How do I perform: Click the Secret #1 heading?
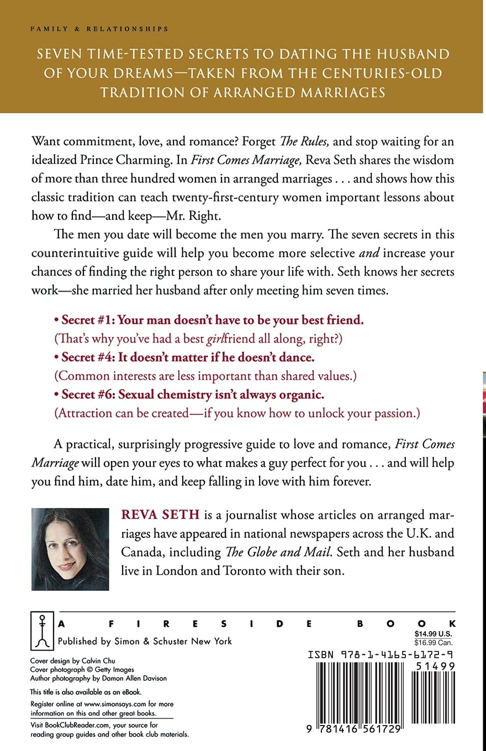tap(213, 320)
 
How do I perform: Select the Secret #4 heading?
tap(188, 357)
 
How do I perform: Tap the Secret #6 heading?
tap(192, 394)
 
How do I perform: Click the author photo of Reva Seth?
tap(70, 549)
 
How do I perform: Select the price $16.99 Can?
tap(434, 643)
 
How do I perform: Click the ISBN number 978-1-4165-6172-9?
tap(382, 655)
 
